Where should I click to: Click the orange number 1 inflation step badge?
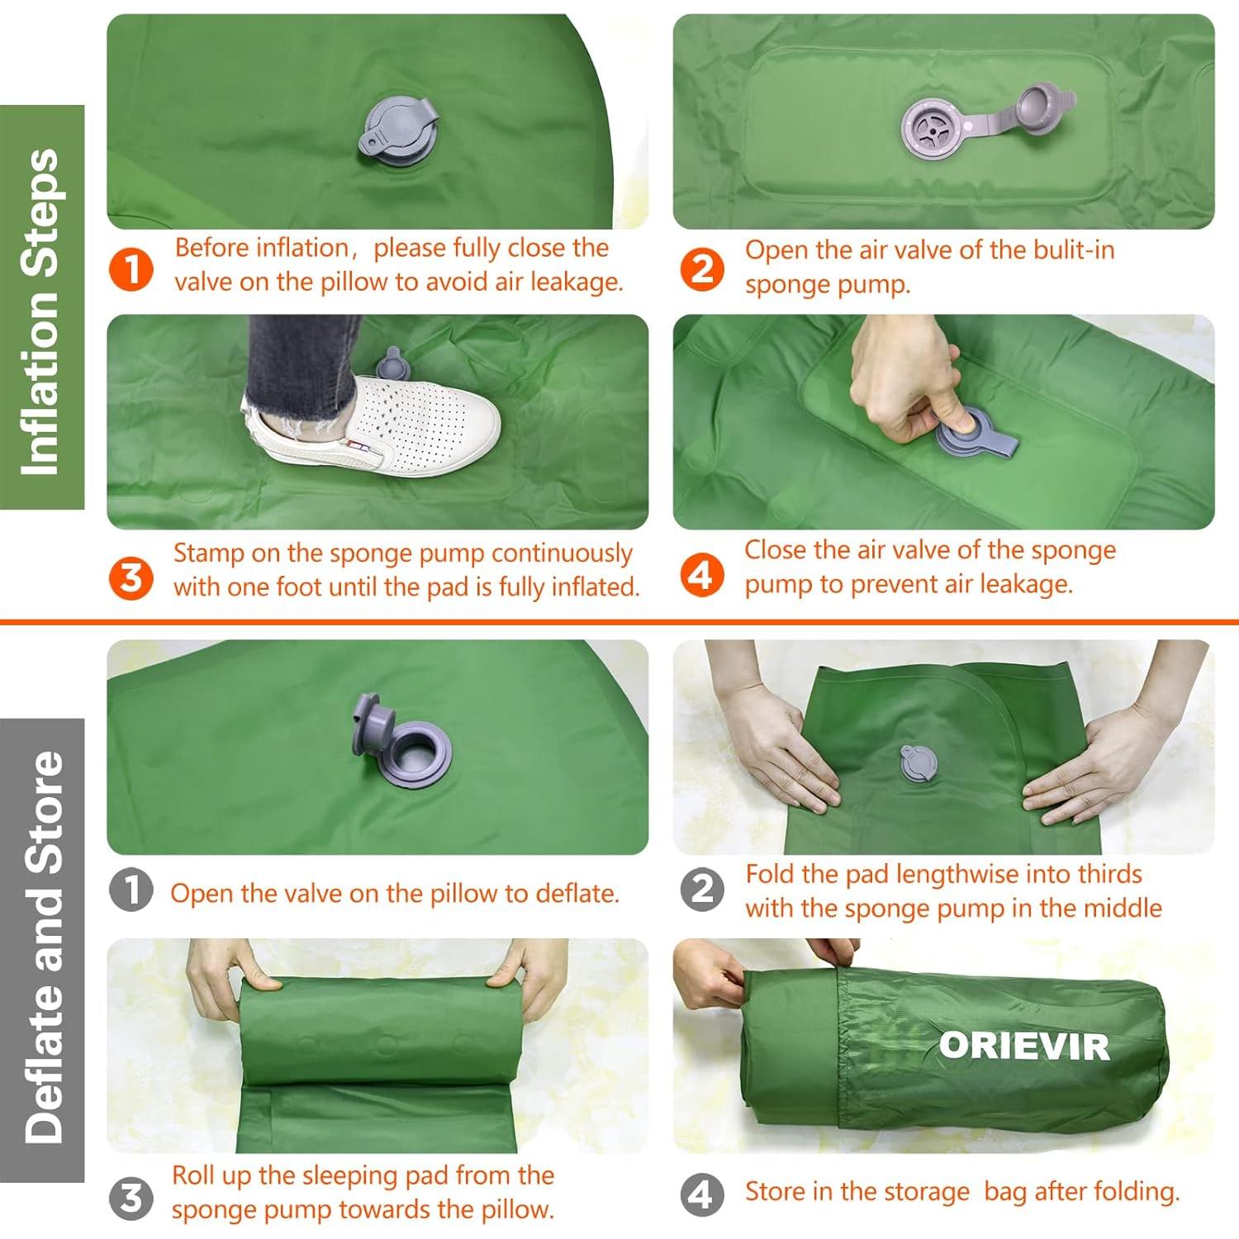131,269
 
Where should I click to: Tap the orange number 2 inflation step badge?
702,269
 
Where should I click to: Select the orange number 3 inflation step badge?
131,577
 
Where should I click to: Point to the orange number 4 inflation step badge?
702,574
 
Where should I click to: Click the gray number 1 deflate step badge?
131,890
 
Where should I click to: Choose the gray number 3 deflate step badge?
131,1198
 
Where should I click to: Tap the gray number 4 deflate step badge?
702,1194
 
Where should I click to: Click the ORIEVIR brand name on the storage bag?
1024,1047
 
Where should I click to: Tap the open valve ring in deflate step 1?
419,754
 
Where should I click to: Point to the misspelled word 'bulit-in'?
1070,250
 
